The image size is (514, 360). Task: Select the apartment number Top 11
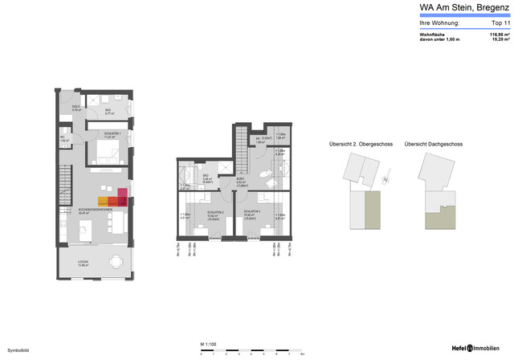492,23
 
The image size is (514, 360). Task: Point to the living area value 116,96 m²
495,35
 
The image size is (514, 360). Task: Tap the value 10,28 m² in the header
497,39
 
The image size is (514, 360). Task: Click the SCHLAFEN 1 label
110,133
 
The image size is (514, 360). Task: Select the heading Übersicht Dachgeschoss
434,145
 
